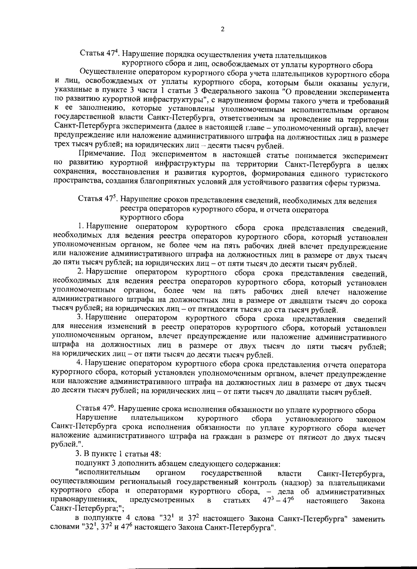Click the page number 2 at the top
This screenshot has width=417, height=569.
tap(222, 30)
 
